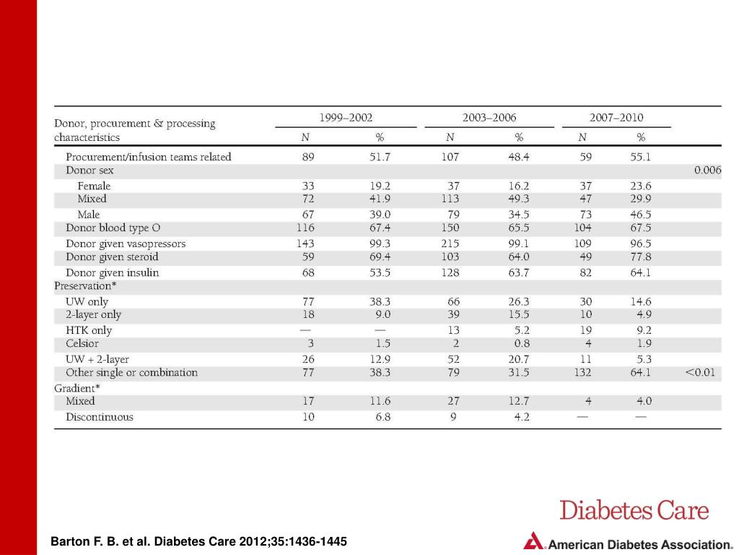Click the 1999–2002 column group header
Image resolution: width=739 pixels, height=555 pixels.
pos(346,117)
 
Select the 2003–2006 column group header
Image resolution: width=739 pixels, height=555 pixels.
pos(489,117)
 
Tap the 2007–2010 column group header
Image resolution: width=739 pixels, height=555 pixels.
pos(616,117)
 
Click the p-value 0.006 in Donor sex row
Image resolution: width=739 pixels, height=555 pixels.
pos(707,170)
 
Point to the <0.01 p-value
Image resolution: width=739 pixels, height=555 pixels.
pos(700,372)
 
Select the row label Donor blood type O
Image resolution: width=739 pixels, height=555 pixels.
pos(113,228)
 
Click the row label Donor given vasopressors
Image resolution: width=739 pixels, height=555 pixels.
pos(126,244)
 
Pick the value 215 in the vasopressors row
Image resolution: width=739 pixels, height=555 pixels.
pos(450,244)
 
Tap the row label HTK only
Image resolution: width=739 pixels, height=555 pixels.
pos(89,330)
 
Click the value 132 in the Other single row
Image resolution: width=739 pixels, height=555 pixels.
pos(582,372)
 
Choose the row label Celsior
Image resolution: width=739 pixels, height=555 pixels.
pos(82,343)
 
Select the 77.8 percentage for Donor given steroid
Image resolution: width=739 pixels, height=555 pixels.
pos(641,257)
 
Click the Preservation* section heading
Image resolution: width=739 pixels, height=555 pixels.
pos(85,286)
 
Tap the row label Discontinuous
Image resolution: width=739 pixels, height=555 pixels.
pos(100,417)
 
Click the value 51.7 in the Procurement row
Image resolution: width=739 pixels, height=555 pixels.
pos(380,157)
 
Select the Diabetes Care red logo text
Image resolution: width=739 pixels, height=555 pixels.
pos(634,511)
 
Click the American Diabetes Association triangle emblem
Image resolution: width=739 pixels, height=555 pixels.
pos(533,541)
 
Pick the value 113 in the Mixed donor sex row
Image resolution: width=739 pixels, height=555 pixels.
pos(450,199)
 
